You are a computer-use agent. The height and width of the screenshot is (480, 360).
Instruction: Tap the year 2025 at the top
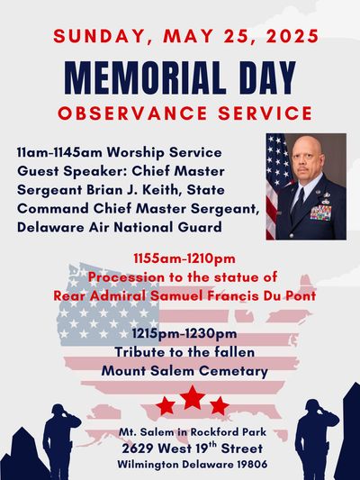(292, 36)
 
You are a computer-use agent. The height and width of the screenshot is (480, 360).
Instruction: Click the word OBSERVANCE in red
(132, 113)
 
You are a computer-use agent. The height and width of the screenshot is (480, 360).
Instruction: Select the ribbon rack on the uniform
(320, 213)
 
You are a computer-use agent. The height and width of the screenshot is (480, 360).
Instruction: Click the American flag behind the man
(275, 184)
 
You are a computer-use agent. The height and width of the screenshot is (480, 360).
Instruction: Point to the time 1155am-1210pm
(184, 258)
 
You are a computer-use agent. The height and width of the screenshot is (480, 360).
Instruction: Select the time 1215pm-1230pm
(184, 333)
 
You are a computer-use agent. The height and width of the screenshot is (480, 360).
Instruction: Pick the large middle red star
(193, 397)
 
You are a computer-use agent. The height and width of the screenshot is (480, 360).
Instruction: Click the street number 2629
(137, 448)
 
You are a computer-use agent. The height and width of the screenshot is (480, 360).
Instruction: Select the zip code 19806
(252, 465)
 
